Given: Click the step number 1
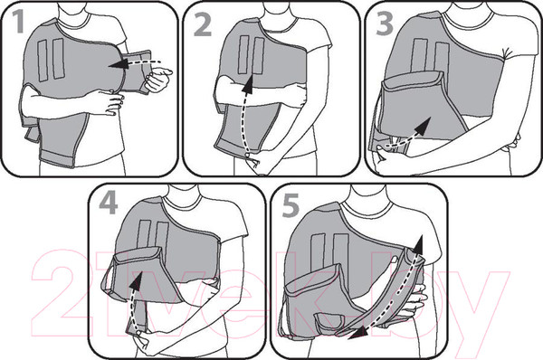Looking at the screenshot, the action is [18, 22].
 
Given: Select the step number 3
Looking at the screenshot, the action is [385, 24].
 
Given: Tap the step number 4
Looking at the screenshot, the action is [109, 204].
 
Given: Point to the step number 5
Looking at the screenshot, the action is [291, 206].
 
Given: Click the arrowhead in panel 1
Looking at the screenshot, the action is [117, 64].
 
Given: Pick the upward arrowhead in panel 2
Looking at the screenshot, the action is [248, 85].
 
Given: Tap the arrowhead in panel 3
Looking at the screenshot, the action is [423, 126].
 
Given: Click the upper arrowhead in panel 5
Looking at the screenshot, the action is [418, 245].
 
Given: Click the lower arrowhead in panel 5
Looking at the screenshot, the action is [357, 334].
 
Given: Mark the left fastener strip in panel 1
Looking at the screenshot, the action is [43, 61].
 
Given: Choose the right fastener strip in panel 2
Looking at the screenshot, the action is [259, 55].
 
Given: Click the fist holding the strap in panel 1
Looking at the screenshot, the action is [157, 80].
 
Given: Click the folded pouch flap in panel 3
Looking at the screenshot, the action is [413, 82].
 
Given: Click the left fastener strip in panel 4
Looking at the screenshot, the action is [144, 234].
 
